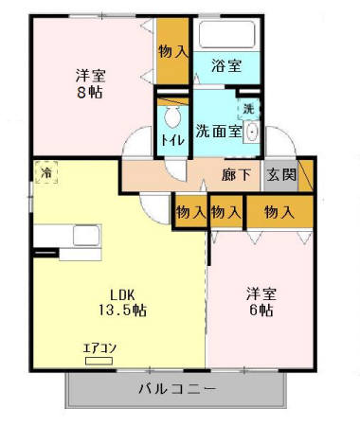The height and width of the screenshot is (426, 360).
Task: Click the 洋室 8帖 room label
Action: click(89, 82)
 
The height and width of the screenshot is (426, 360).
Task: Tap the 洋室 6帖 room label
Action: click(260, 301)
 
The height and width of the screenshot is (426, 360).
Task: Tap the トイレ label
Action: click(172, 140)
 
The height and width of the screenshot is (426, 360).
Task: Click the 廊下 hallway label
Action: click(236, 175)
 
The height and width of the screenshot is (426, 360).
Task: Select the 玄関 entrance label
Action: click(280, 175)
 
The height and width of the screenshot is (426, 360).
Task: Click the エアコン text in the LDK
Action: click(99, 346)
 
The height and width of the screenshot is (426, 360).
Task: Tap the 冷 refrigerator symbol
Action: click(45, 172)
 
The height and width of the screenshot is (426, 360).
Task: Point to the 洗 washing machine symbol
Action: click(248, 109)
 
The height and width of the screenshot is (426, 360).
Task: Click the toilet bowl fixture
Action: click(172, 117)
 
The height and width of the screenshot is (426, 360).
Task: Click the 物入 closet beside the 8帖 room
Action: click(171, 53)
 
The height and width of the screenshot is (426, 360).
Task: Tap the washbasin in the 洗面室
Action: click(250, 133)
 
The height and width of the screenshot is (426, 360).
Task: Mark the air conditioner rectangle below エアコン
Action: click(99, 360)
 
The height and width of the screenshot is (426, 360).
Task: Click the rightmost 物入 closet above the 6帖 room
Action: click(279, 212)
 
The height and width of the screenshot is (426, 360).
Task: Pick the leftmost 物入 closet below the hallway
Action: click(190, 212)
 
